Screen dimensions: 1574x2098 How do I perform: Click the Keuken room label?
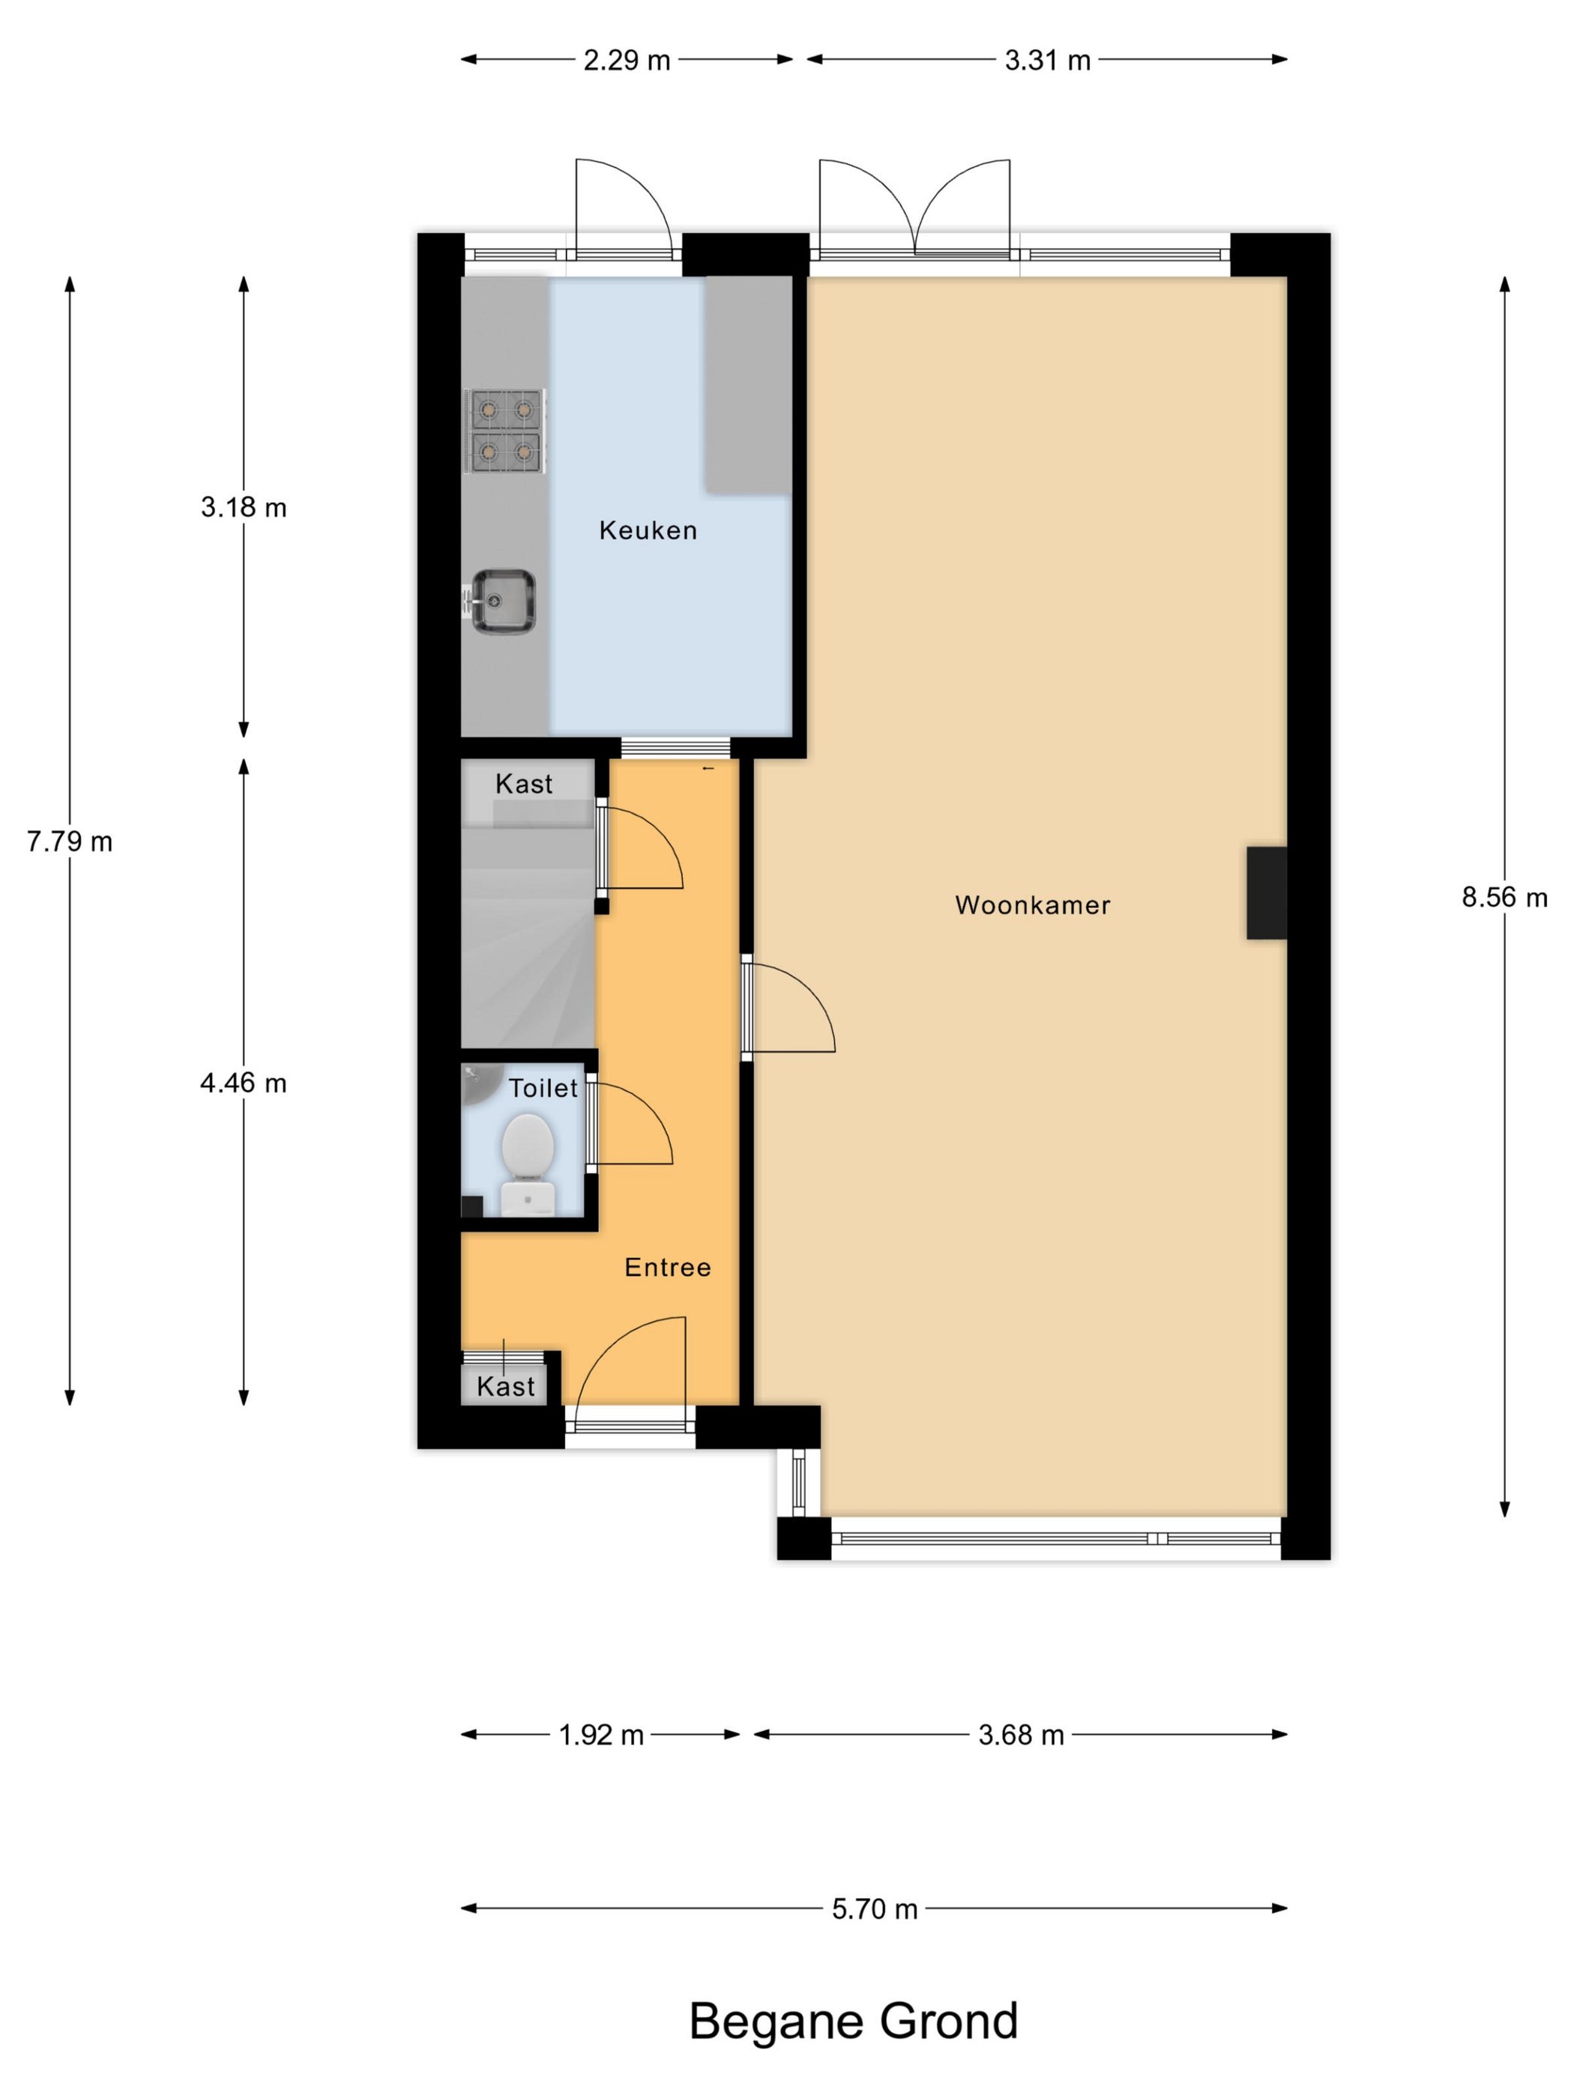tap(648, 530)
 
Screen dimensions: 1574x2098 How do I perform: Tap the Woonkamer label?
tap(1032, 905)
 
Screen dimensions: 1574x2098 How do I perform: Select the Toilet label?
tap(543, 1088)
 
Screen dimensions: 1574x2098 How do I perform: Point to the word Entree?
tap(667, 1267)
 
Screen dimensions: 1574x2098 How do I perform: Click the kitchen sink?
tap(503, 602)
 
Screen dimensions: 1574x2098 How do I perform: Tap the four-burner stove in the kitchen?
tap(504, 432)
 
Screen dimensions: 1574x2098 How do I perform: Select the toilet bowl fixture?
tap(528, 1163)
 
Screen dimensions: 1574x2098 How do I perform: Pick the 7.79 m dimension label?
tap(69, 841)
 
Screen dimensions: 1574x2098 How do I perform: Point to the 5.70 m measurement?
tap(875, 1909)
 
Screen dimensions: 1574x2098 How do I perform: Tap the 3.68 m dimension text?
tap(1021, 1735)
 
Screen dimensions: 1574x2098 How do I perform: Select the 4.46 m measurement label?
tap(243, 1083)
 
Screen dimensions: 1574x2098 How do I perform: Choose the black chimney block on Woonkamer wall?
tap(1266, 892)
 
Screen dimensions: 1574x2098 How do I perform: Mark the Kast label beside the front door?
tap(506, 1387)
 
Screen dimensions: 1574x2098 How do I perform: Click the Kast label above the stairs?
tap(524, 784)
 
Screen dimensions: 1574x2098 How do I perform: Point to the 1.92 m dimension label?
tap(600, 1735)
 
